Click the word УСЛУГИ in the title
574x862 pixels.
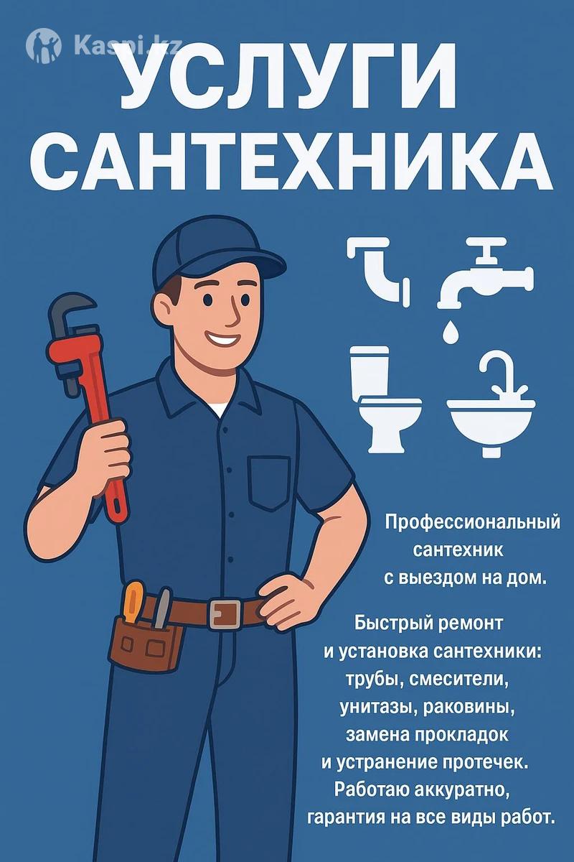(288, 76)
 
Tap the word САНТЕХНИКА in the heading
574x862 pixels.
(291, 162)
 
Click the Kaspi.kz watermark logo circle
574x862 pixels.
(44, 46)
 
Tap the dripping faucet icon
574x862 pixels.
(485, 273)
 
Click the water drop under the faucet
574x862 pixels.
(448, 332)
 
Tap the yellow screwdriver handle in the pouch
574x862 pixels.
(133, 601)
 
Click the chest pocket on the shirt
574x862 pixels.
(269, 483)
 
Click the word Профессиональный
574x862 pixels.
(473, 524)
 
